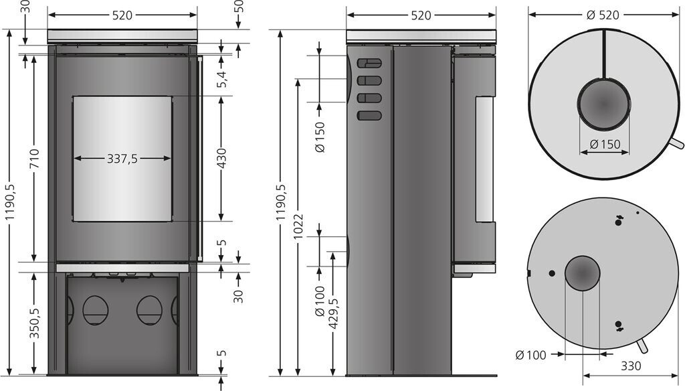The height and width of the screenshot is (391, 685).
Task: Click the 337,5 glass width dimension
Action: (x=122, y=158)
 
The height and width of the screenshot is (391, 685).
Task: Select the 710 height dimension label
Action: (x=35, y=159)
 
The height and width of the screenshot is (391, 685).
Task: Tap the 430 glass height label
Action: (x=221, y=158)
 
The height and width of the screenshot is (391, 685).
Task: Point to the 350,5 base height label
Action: (x=35, y=323)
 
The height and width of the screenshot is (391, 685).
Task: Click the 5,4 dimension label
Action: (x=222, y=79)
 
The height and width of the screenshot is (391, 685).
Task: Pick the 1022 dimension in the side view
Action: (x=298, y=227)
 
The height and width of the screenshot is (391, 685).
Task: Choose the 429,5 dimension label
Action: (x=334, y=314)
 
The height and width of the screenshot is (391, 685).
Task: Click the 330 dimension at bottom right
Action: (x=631, y=365)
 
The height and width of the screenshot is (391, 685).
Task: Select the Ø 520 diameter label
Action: (x=603, y=15)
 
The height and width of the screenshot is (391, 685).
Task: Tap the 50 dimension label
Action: (x=239, y=7)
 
